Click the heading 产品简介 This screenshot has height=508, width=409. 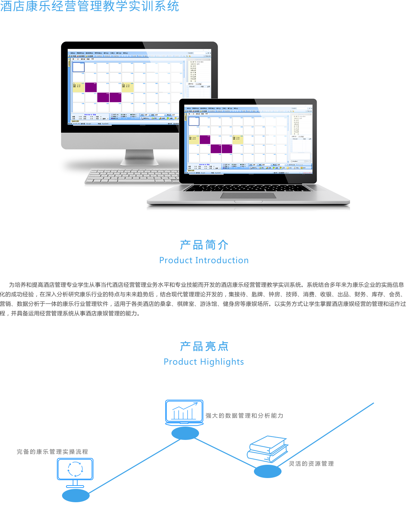tap(204, 245)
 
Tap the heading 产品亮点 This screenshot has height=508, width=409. tap(204, 346)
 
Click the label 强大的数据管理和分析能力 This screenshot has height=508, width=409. tap(244, 416)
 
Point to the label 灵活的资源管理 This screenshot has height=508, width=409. tap(311, 464)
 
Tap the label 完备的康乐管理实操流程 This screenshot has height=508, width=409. tap(52, 452)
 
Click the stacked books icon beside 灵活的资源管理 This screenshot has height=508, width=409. tap(268, 449)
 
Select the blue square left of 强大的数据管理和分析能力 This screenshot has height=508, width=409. tap(184, 413)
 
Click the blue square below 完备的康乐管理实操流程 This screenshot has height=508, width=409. tap(75, 473)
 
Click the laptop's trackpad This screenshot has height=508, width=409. tap(248, 195)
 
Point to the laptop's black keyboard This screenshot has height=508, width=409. tap(248, 188)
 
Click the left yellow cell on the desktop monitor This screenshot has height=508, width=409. tap(78, 87)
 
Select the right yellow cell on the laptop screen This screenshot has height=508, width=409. tap(238, 139)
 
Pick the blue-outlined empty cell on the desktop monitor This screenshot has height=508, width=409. tap(78, 67)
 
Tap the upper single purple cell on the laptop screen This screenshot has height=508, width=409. tap(205, 140)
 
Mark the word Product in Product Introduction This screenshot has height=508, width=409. tap(176, 260)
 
